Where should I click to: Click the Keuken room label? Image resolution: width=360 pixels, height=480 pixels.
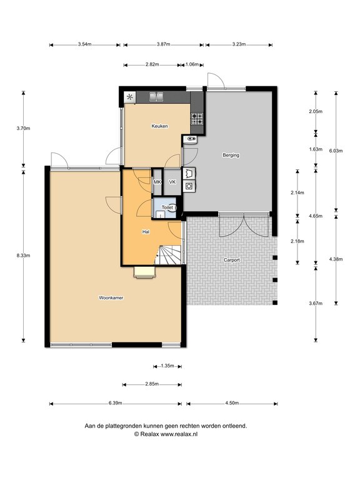pyautogui.click(x=159, y=126)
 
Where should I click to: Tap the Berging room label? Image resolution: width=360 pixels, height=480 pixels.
pyautogui.click(x=231, y=155)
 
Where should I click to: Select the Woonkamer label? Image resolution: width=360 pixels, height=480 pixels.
pyautogui.click(x=111, y=298)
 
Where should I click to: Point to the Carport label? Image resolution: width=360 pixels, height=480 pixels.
pyautogui.click(x=232, y=260)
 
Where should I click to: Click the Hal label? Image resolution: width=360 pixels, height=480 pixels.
pyautogui.click(x=146, y=232)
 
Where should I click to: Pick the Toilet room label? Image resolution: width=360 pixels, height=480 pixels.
pyautogui.click(x=167, y=207)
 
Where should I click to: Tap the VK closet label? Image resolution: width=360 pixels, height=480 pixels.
pyautogui.click(x=172, y=182)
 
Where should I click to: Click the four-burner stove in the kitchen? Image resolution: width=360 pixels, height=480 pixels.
pyautogui.click(x=197, y=119)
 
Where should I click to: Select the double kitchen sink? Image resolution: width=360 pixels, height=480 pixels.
pyautogui.click(x=156, y=97)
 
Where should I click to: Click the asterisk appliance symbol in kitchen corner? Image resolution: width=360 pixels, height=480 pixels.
pyautogui.click(x=130, y=97)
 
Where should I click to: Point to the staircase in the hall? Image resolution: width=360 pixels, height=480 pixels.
pyautogui.click(x=168, y=255)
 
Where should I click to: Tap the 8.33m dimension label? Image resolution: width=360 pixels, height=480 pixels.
pyautogui.click(x=23, y=255)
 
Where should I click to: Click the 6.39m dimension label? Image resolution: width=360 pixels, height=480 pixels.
pyautogui.click(x=116, y=403)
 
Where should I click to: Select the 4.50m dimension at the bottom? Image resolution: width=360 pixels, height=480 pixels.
pyautogui.click(x=232, y=403)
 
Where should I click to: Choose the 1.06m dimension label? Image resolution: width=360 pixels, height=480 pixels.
pyautogui.click(x=192, y=64)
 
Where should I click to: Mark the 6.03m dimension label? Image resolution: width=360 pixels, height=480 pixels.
pyautogui.click(x=336, y=151)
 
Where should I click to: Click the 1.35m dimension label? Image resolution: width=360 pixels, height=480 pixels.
pyautogui.click(x=167, y=366)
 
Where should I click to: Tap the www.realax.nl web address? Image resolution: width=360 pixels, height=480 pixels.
pyautogui.click(x=179, y=434)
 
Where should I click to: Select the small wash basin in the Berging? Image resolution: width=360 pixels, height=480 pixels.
pyautogui.click(x=191, y=139)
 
